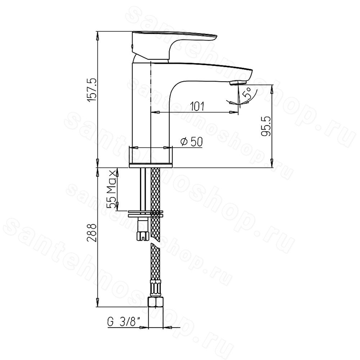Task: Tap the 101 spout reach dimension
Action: pos(197,106)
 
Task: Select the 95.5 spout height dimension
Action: pos(266,127)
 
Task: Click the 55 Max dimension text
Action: pos(112,189)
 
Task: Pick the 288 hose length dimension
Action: pos(92,232)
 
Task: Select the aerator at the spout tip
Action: pos(238,83)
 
